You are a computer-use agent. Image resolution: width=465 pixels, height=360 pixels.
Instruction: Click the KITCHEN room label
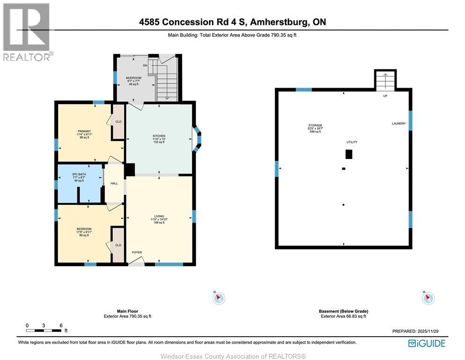[159, 136]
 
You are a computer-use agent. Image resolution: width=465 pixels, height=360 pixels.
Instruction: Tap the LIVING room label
[159, 216]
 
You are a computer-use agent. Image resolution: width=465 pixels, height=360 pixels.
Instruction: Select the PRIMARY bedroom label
[84, 131]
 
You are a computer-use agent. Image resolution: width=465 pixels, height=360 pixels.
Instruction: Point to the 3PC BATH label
[79, 174]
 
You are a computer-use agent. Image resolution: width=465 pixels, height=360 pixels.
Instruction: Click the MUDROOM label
[133, 78]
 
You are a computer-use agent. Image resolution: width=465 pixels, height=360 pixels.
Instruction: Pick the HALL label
[114, 184]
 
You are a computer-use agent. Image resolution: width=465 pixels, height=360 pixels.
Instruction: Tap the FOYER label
[137, 253]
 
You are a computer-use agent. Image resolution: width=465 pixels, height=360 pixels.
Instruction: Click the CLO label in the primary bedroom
[118, 122]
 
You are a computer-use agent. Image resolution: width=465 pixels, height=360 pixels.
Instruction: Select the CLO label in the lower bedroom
[118, 245]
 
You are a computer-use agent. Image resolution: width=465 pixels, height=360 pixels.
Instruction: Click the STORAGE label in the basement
[315, 126]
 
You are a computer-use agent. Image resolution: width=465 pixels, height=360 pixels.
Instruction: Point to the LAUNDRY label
[399, 124]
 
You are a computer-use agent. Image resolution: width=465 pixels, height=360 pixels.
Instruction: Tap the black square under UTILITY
[348, 154]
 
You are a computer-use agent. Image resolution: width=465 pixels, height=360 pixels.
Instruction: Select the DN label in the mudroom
[145, 66]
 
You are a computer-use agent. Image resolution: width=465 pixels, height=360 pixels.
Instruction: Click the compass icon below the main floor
[219, 298]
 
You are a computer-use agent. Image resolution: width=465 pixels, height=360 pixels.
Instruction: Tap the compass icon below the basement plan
[428, 298]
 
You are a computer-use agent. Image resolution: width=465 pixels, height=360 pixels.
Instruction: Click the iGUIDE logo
[427, 344]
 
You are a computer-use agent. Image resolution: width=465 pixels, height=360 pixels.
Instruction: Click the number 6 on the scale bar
[61, 325]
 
